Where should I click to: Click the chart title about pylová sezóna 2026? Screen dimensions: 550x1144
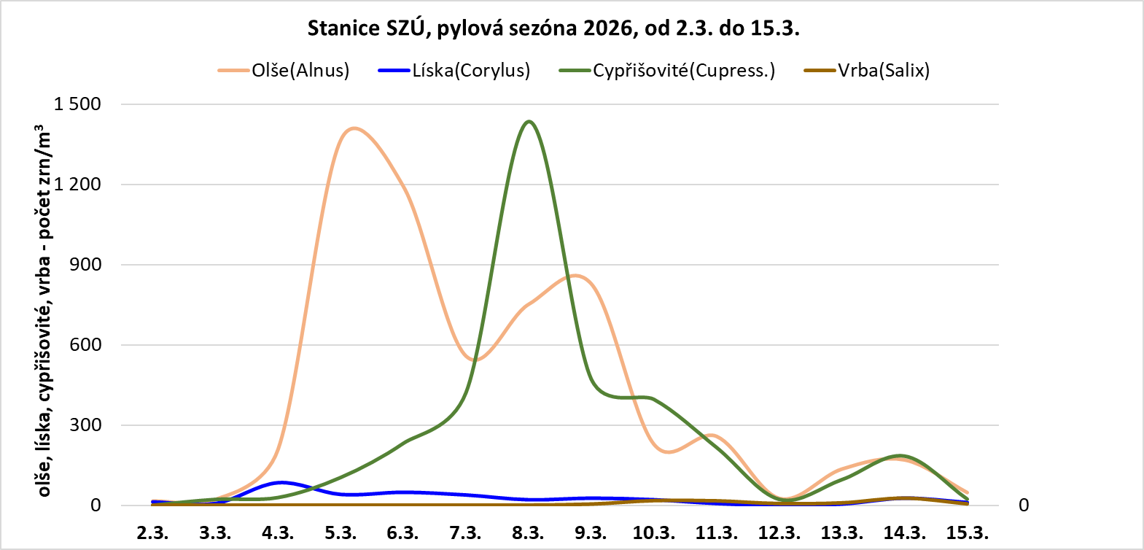click(x=553, y=28)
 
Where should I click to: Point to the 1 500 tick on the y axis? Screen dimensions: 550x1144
click(x=77, y=104)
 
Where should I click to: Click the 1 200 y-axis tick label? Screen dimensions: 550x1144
click(x=77, y=185)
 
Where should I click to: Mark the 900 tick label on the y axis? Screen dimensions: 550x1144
click(x=85, y=265)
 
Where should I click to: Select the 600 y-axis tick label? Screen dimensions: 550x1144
click(x=85, y=345)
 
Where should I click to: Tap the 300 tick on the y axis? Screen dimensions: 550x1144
click(x=85, y=425)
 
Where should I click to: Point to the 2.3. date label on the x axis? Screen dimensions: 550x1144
click(x=152, y=532)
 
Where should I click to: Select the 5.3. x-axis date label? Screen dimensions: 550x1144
click(x=341, y=532)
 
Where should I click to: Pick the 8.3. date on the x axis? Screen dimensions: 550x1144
click(x=528, y=532)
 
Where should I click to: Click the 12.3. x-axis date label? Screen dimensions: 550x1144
click(x=779, y=532)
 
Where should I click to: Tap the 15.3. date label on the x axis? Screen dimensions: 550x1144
click(x=967, y=532)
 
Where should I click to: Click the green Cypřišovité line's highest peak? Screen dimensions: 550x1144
click(x=529, y=122)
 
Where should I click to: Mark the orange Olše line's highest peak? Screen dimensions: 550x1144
click(x=354, y=128)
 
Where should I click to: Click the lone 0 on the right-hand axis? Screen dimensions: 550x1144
click(x=1024, y=506)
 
